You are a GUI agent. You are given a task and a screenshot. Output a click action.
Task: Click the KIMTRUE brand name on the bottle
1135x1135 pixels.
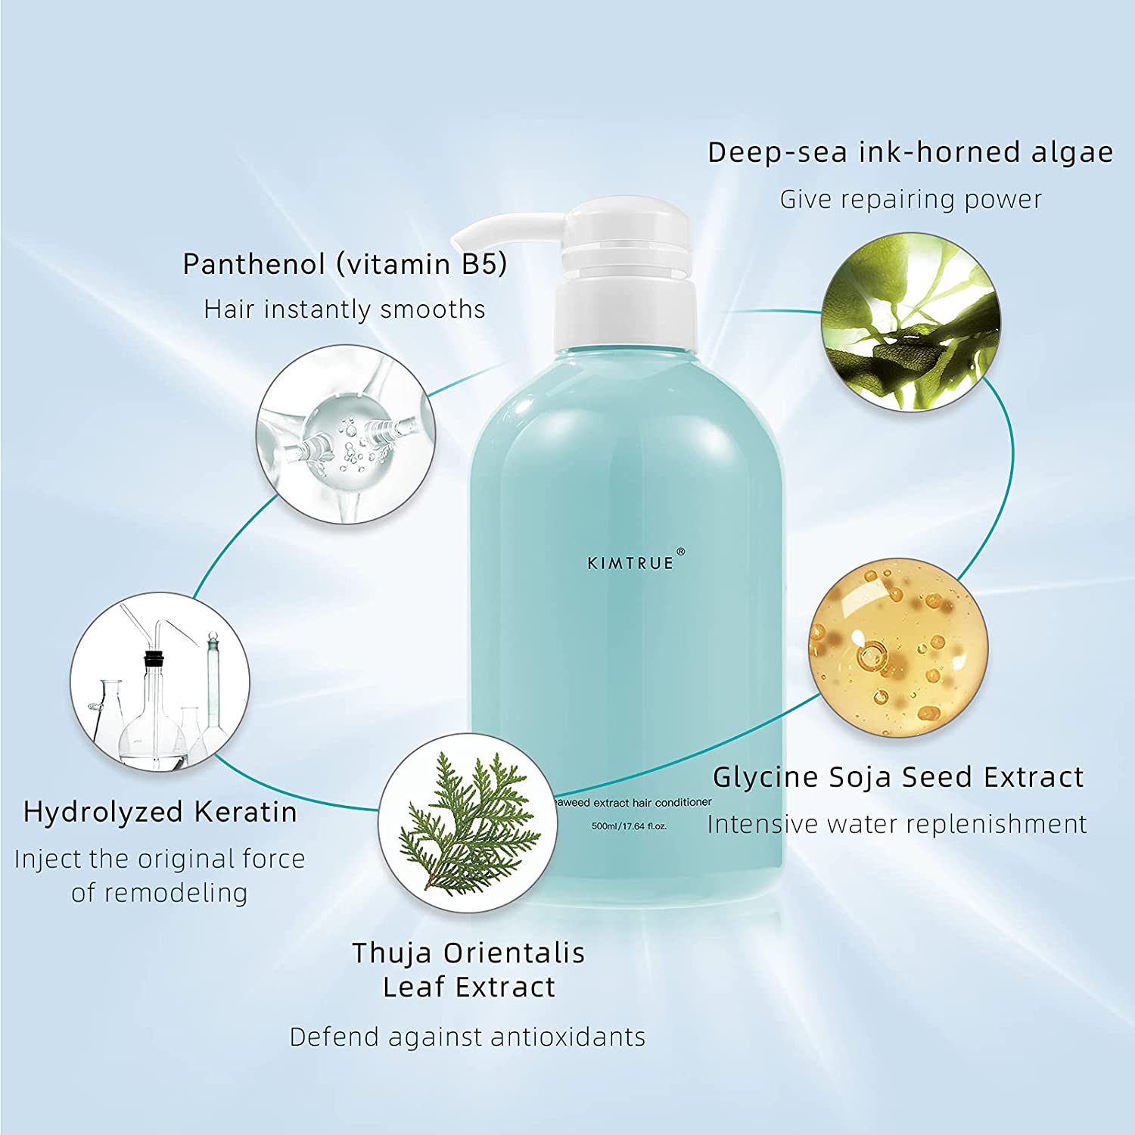[x=630, y=563]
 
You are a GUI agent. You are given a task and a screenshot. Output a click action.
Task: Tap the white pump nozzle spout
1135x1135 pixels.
[x=499, y=227]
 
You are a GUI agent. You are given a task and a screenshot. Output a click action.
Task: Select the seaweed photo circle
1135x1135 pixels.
[x=911, y=322]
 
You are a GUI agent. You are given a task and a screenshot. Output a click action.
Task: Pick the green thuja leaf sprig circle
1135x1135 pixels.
[x=468, y=823]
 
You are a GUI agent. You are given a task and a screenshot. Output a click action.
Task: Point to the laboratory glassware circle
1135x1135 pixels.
[x=160, y=681]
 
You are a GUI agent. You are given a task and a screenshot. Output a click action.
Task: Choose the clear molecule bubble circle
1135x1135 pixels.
[x=346, y=434]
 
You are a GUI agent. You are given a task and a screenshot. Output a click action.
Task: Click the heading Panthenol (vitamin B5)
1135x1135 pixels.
[x=345, y=264]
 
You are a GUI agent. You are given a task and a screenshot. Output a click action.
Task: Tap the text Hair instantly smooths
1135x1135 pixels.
[x=345, y=309]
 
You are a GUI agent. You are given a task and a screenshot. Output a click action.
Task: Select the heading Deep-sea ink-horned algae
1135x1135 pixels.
[x=910, y=153]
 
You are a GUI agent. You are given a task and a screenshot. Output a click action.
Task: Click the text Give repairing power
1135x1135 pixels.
[x=911, y=200]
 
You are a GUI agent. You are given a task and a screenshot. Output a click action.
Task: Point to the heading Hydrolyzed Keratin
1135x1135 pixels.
[x=160, y=812]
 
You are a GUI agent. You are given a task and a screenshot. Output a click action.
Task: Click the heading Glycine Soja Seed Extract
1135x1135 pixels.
[x=898, y=777]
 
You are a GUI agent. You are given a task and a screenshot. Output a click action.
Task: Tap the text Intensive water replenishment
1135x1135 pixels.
[x=897, y=824]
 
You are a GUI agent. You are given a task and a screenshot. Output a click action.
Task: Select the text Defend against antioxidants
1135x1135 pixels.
[x=468, y=1037]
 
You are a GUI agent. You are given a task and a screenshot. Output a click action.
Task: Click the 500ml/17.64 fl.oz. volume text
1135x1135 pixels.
[x=630, y=826]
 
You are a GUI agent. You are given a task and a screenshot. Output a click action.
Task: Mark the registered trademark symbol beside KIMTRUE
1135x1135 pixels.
[x=680, y=552]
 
